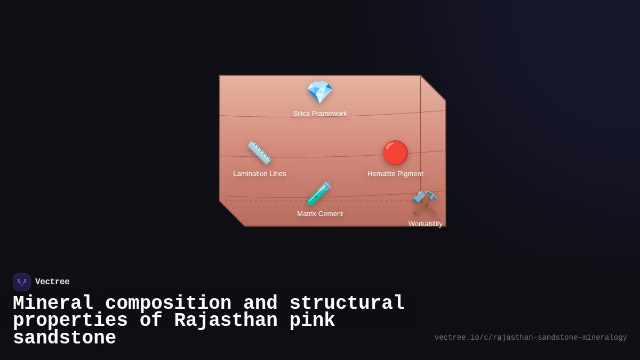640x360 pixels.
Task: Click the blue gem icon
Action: tap(319, 92)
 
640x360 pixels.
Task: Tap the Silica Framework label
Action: tap(320, 114)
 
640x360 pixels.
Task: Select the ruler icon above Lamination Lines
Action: tap(259, 153)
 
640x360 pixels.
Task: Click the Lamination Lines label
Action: tap(260, 174)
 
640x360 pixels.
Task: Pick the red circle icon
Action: tap(395, 153)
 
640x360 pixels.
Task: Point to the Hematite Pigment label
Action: tap(395, 174)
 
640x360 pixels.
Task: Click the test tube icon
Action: tap(319, 193)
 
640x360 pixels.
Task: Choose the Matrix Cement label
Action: tap(320, 214)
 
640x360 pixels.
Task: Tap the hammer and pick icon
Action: tap(425, 203)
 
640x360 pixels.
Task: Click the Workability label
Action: tap(426, 224)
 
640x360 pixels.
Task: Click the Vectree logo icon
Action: tap(22, 282)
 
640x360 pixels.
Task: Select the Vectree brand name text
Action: tap(52, 282)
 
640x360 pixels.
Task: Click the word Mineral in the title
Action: tap(53, 303)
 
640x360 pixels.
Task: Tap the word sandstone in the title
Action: tap(65, 338)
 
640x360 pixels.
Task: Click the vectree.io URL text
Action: tap(531, 338)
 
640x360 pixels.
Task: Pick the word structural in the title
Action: tap(347, 303)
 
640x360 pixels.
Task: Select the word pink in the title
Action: tap(313, 321)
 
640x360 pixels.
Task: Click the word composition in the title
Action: tap(169, 303)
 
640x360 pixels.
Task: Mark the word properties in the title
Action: tap(70, 321)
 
